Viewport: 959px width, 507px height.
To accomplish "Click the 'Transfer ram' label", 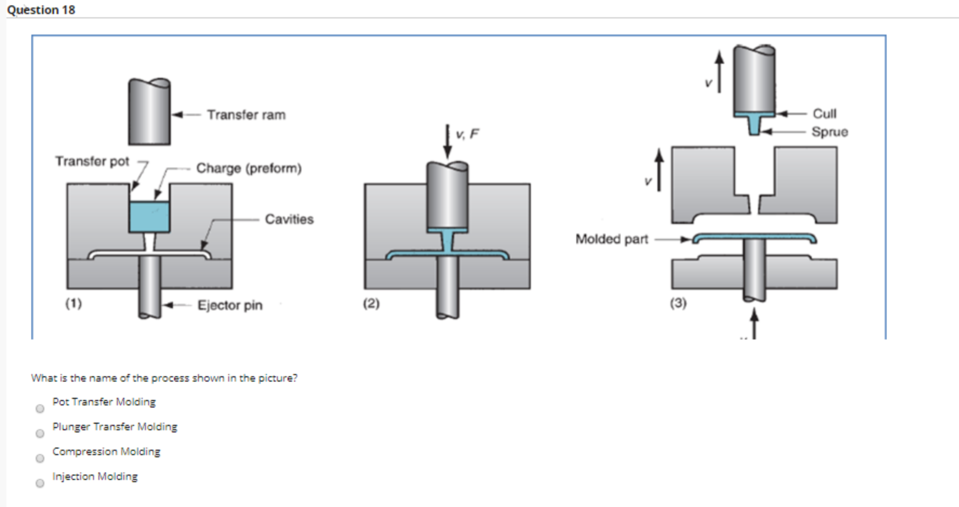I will point(246,115).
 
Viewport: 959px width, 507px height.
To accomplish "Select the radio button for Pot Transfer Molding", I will point(40,409).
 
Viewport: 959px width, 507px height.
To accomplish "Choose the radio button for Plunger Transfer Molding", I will point(40,433).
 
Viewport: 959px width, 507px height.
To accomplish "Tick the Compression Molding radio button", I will point(40,458).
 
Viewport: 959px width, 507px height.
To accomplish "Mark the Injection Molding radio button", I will point(40,483).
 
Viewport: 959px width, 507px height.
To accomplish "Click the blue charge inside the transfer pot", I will point(150,217).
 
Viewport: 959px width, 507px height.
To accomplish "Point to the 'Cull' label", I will point(824,114).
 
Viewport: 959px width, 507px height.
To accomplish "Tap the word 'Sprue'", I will point(829,132).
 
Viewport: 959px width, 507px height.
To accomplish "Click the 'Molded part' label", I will point(611,239).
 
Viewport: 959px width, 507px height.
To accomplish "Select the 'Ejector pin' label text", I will point(230,305).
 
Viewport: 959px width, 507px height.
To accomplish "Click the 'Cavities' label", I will point(289,219).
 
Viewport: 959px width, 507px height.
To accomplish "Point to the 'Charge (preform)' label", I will point(249,168).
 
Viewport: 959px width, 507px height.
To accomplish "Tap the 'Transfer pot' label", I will point(92,161).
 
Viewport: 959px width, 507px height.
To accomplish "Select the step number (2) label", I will point(371,303).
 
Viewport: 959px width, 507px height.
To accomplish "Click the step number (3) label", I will point(678,303).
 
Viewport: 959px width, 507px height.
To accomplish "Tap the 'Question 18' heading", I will point(41,10).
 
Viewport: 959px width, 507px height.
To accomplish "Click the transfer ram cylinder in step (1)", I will point(150,112).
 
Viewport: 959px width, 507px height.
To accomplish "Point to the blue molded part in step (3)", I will point(754,237).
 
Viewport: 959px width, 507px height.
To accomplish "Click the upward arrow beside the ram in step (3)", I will point(719,73).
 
